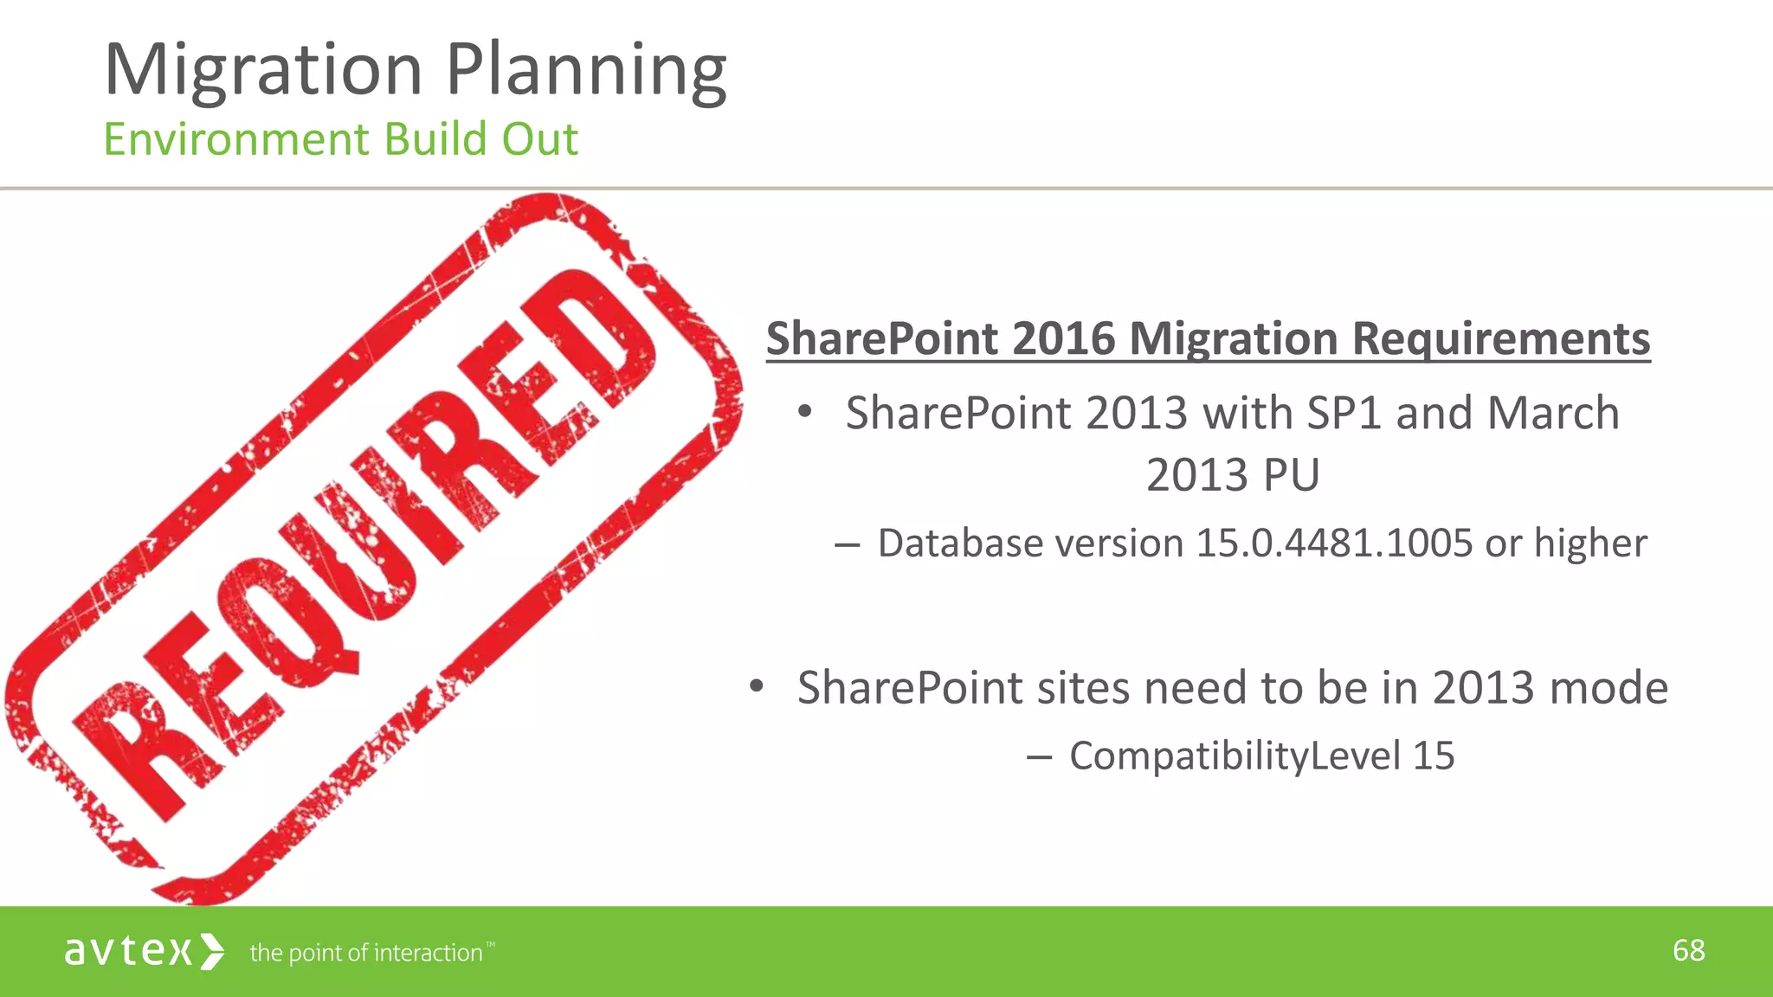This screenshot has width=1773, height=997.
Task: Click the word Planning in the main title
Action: coord(586,71)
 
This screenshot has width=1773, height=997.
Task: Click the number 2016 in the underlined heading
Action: coord(1063,338)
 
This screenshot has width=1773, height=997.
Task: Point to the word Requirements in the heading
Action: coord(1500,338)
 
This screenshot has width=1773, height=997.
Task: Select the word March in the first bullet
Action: coord(1552,413)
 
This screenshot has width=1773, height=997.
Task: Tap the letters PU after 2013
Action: coord(1291,475)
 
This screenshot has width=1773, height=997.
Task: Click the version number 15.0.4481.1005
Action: coord(1333,544)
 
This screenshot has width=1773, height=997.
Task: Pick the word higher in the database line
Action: coord(1590,544)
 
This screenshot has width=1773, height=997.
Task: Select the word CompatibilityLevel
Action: coord(1235,756)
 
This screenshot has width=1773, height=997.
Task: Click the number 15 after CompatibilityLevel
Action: coord(1434,756)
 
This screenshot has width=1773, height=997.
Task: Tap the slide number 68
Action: coord(1688,950)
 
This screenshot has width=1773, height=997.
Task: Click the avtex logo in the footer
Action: coord(144,951)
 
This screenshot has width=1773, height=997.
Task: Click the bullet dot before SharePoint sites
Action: coord(757,687)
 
